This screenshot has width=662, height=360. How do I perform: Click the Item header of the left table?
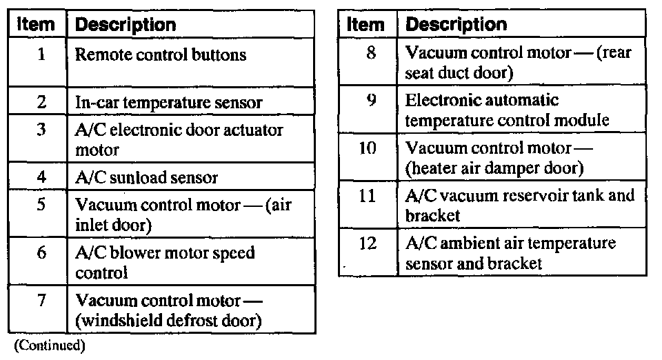(x=36, y=26)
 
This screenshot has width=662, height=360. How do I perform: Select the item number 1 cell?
(x=41, y=54)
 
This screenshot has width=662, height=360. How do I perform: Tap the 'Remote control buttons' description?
(x=160, y=54)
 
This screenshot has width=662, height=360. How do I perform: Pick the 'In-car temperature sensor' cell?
(x=168, y=103)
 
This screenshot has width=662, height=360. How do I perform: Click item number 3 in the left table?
(x=41, y=129)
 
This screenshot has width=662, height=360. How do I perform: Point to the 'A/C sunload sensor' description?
(x=146, y=177)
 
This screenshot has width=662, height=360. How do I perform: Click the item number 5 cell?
(x=41, y=205)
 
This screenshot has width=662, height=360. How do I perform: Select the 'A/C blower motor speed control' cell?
(x=165, y=263)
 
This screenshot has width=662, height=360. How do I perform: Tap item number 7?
(x=41, y=301)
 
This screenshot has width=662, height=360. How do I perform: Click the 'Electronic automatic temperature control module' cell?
(x=507, y=110)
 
